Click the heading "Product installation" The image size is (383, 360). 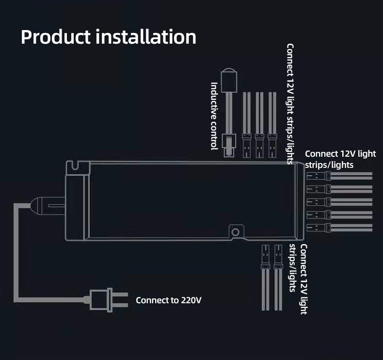pyautogui.click(x=109, y=37)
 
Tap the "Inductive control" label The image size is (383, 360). pyautogui.click(x=214, y=116)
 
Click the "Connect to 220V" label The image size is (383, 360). pyautogui.click(x=169, y=300)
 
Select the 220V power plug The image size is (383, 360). pyautogui.click(x=108, y=300)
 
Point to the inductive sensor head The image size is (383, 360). pyautogui.click(x=229, y=80)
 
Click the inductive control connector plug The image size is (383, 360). pyautogui.click(x=229, y=146)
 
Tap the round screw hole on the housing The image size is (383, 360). pyautogui.click(x=236, y=232)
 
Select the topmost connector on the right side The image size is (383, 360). pyautogui.click(x=319, y=176)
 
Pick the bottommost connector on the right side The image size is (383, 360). pyautogui.click(x=319, y=228)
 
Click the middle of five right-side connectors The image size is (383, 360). pyautogui.click(x=319, y=202)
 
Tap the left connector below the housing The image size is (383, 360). pyautogui.click(x=265, y=257)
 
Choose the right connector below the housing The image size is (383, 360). pyautogui.click(x=278, y=257)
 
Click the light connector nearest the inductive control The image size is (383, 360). pyautogui.click(x=246, y=146)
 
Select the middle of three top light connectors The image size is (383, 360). pyautogui.click(x=259, y=146)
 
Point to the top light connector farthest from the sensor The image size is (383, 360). pyautogui.click(x=272, y=146)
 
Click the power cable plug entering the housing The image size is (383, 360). pyautogui.click(x=48, y=206)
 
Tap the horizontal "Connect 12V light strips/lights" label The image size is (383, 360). pyautogui.click(x=340, y=159)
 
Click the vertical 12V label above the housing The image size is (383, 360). pyautogui.click(x=290, y=104)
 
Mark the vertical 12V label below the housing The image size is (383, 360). pyautogui.click(x=298, y=278)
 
